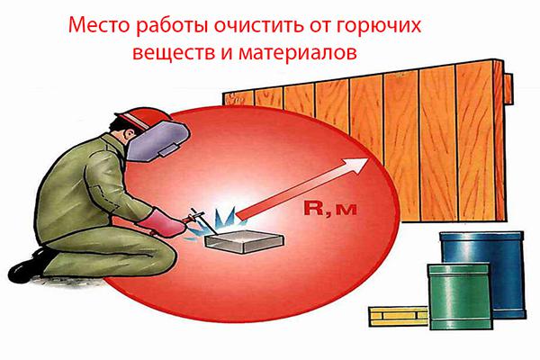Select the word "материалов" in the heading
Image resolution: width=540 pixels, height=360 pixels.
[x=298, y=53]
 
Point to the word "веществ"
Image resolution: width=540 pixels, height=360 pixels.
[x=173, y=53]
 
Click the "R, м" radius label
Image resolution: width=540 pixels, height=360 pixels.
[x=330, y=209]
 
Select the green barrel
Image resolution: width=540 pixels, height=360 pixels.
[x=460, y=297]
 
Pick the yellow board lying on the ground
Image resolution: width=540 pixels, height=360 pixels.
[x=398, y=316]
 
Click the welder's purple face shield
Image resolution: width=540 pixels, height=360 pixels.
[x=157, y=141]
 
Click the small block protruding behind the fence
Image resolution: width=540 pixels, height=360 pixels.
[x=508, y=89]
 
